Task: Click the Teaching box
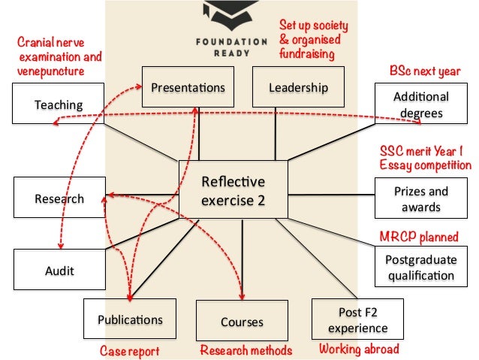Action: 57,104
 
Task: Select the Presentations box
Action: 188,88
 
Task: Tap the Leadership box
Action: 298,88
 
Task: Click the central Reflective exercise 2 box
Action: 233,192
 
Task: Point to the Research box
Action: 59,199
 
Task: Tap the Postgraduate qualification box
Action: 420,267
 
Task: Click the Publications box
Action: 129,319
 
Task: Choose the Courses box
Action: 242,322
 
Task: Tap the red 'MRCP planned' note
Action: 418,237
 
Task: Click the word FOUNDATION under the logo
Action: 219,43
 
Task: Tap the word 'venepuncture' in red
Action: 47,70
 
